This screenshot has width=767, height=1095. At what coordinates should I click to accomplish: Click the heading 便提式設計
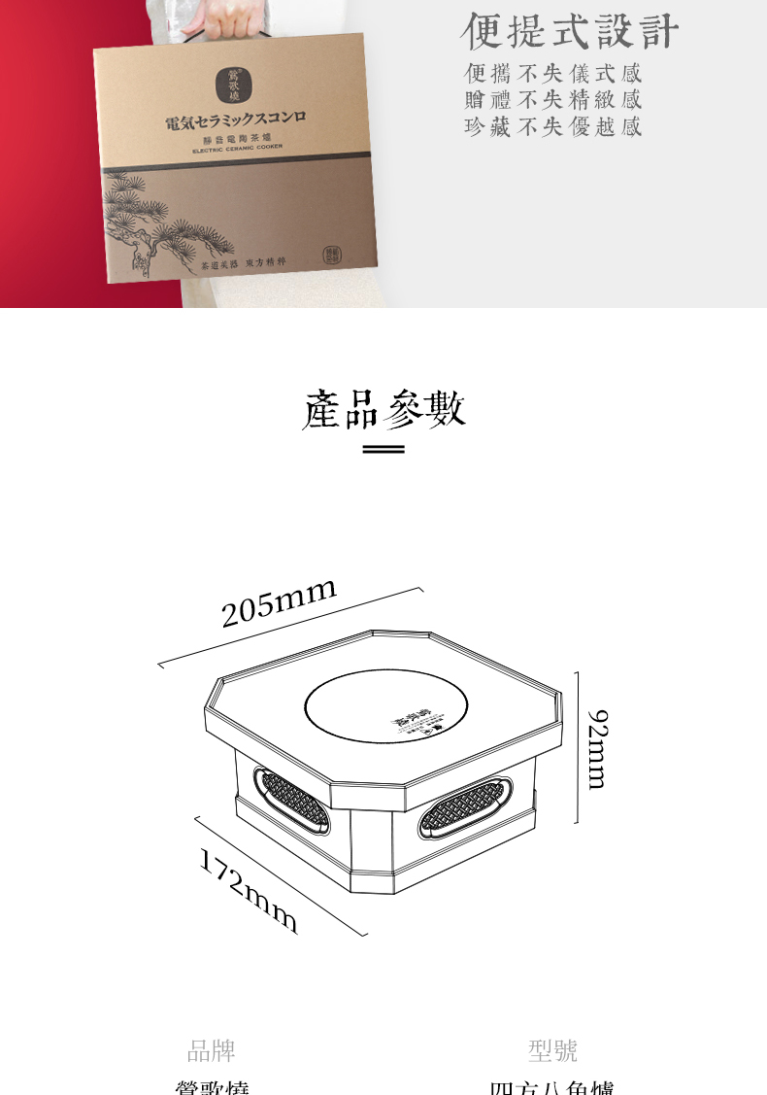(569, 31)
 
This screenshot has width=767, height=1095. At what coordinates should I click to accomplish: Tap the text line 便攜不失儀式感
(552, 74)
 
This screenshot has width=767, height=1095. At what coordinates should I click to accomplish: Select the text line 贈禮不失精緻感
(552, 100)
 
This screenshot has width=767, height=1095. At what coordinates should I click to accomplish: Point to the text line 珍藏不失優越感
(552, 126)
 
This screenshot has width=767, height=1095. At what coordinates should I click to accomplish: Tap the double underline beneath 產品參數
(383, 450)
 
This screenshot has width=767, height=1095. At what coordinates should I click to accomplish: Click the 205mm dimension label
(279, 602)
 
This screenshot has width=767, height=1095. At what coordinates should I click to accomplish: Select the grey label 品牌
(211, 1050)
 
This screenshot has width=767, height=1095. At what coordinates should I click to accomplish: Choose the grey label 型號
(552, 1050)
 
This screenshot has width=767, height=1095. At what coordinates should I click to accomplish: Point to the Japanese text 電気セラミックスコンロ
(236, 123)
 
